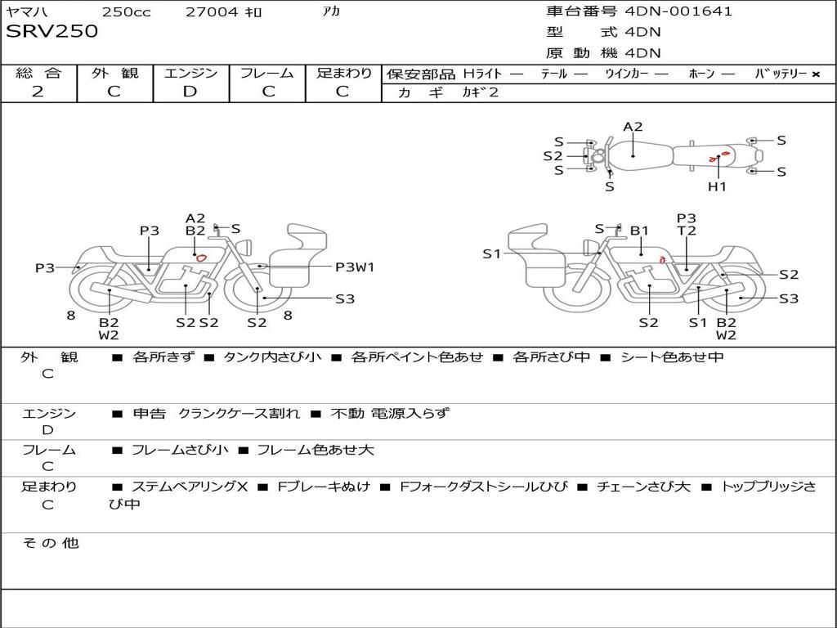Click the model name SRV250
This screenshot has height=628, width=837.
click(51, 31)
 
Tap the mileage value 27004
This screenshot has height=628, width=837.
click(212, 12)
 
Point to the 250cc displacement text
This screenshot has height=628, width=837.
click(126, 12)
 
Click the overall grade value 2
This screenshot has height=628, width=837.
click(38, 92)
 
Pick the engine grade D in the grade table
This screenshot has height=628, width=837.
click(190, 92)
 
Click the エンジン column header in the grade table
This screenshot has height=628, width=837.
click(190, 73)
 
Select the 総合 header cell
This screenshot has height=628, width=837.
click(38, 73)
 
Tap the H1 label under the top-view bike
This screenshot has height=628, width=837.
click(717, 186)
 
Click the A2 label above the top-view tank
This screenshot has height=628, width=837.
click(633, 127)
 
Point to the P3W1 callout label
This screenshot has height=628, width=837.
click(355, 267)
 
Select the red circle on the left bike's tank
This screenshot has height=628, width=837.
click(201, 258)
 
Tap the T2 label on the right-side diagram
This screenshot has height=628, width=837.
click(687, 231)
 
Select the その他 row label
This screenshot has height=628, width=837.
click(51, 543)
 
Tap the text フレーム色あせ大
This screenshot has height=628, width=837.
click(316, 450)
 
